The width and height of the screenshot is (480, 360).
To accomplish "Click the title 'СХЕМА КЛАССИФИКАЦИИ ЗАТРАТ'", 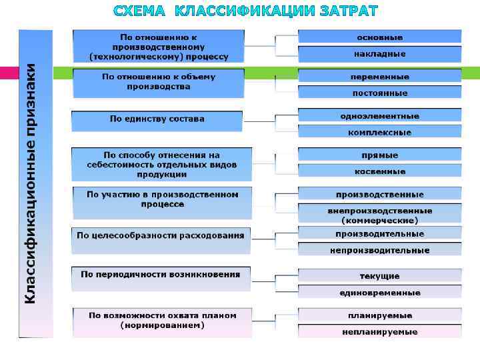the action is click(x=245, y=11).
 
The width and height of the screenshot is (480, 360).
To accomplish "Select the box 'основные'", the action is click(x=379, y=37).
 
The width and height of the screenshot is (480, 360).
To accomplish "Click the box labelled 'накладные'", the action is click(x=379, y=54).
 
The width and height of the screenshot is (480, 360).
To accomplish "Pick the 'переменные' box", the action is click(x=379, y=77).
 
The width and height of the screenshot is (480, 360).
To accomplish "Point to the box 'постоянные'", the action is click(x=379, y=93).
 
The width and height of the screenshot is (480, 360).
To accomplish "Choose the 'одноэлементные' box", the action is click(x=379, y=116).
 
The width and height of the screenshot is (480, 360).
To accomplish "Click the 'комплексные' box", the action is click(x=379, y=132).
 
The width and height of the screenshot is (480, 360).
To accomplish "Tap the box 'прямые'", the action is click(x=379, y=155).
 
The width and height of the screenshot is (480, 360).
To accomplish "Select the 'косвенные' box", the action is click(x=379, y=171).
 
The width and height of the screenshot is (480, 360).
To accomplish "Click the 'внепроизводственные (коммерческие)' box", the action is click(x=379, y=215).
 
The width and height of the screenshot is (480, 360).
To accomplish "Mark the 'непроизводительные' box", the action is click(x=379, y=250).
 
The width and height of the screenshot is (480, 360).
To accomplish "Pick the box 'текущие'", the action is click(x=379, y=276).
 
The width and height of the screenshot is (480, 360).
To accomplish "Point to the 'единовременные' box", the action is click(x=379, y=293).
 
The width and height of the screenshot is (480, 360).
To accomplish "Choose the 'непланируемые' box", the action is click(x=379, y=331).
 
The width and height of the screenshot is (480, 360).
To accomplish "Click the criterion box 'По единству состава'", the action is click(x=157, y=119).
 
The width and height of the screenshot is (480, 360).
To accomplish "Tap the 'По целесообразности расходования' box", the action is click(x=161, y=235).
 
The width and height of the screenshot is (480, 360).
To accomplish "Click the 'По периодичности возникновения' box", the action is click(x=161, y=275).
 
